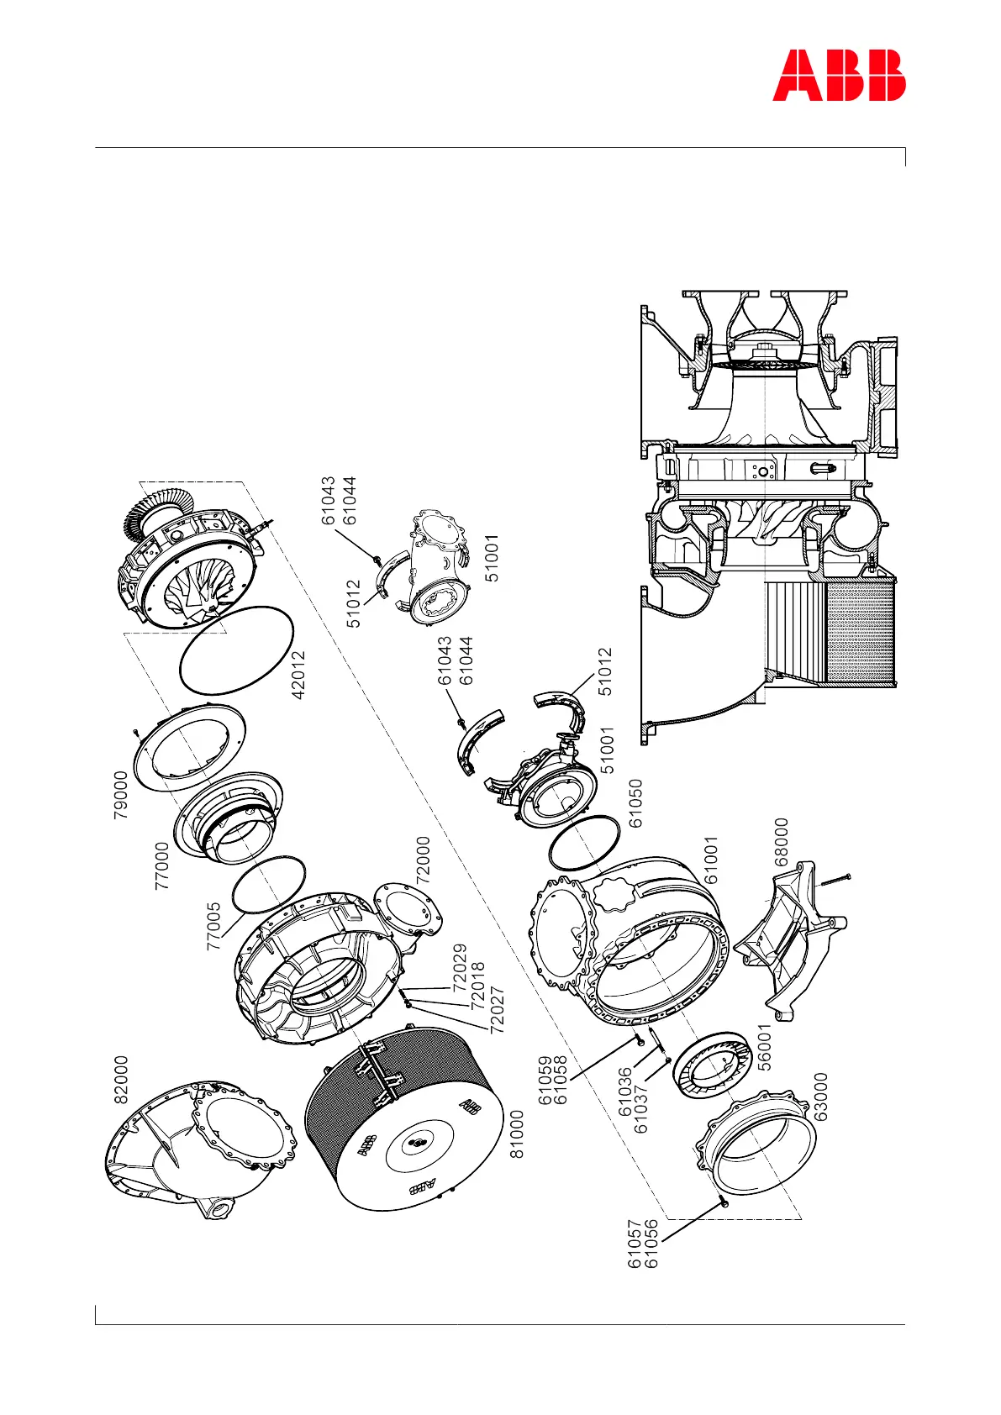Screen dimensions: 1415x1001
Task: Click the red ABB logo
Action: pyautogui.click(x=839, y=76)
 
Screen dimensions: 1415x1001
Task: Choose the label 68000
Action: pyautogui.click(x=782, y=842)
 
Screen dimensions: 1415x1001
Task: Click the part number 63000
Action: pyautogui.click(x=821, y=1097)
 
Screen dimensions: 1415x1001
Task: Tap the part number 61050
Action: pyautogui.click(x=636, y=803)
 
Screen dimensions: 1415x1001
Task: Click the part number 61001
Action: pyautogui.click(x=711, y=860)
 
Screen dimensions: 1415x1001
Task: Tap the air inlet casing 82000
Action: pyautogui.click(x=202, y=1143)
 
